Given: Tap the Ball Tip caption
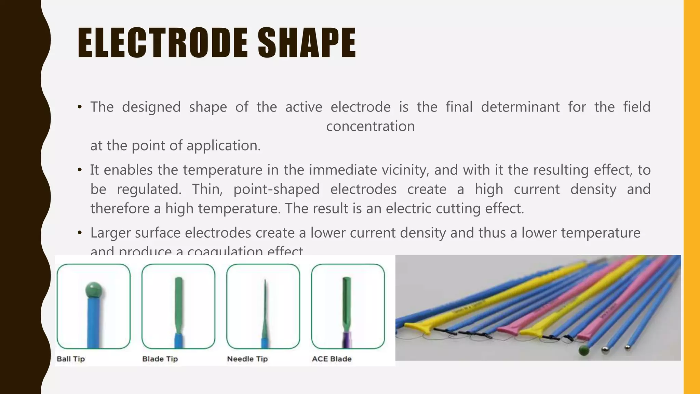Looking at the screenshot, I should click(71, 359).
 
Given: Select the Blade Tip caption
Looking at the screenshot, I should click(160, 359).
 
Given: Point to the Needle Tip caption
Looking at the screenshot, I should click(247, 359).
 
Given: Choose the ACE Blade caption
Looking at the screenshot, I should click(332, 359).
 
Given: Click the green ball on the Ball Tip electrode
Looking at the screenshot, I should click(93, 290).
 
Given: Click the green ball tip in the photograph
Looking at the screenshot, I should click(584, 350).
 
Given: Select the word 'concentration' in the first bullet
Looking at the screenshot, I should click(370, 126).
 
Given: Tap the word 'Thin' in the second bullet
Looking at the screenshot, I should click(207, 189).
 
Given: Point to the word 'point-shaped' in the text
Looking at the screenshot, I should click(276, 189).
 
